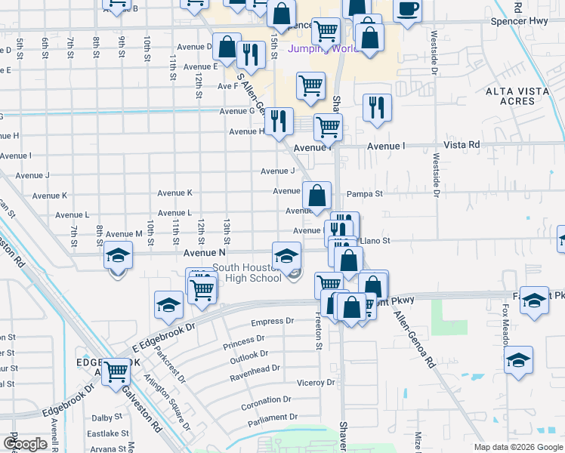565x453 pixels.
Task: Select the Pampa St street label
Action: point(364,194)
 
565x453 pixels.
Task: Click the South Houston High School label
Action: point(247,273)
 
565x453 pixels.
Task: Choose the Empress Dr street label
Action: point(272,321)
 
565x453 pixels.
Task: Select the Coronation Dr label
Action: point(266,399)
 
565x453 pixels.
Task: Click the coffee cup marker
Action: point(408,10)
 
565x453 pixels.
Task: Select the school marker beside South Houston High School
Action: point(286,256)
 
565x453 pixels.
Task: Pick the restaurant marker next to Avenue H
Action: point(279,121)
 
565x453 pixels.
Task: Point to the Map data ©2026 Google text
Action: point(517,447)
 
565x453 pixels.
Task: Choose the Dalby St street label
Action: point(107,417)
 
